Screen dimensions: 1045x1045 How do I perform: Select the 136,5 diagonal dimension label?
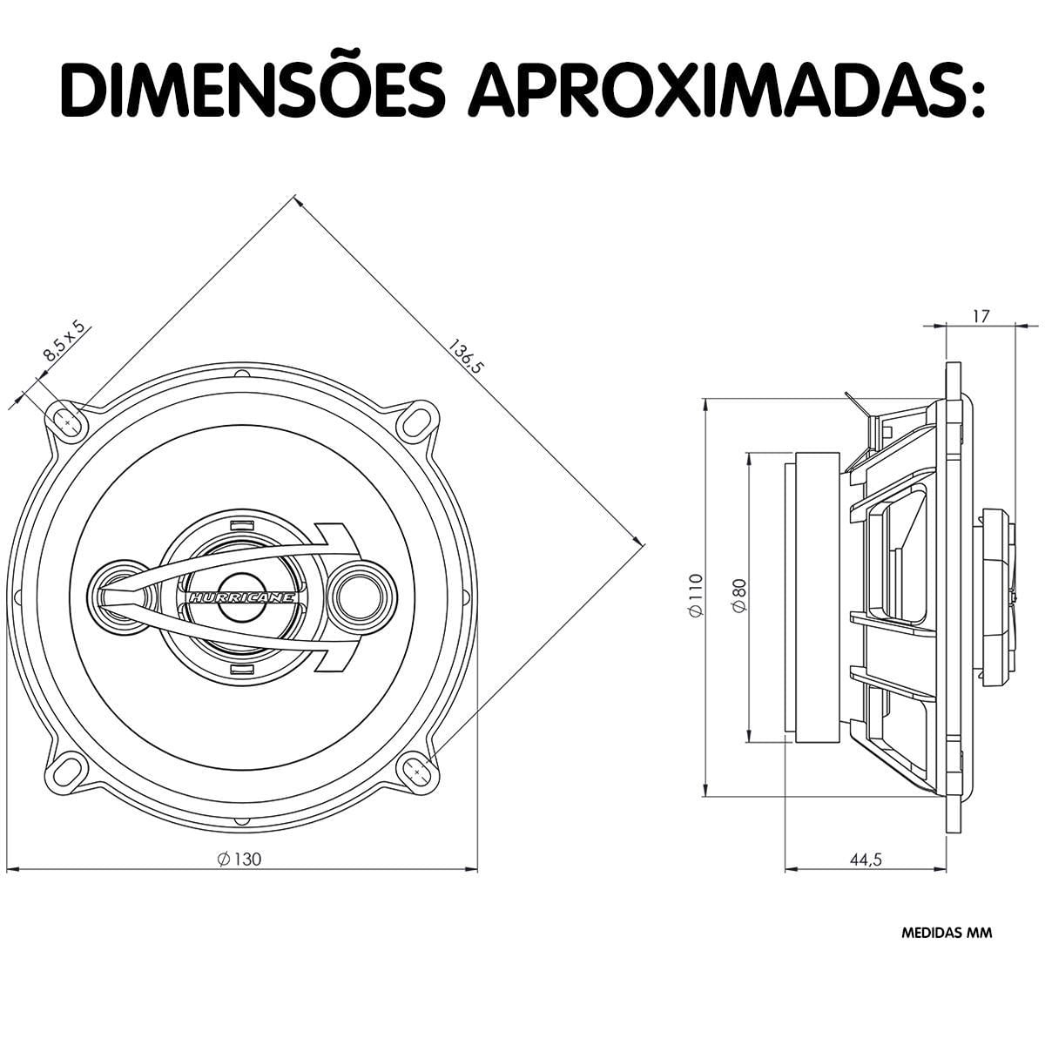pos(464,357)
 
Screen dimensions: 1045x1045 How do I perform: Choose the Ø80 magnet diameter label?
pos(738,596)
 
